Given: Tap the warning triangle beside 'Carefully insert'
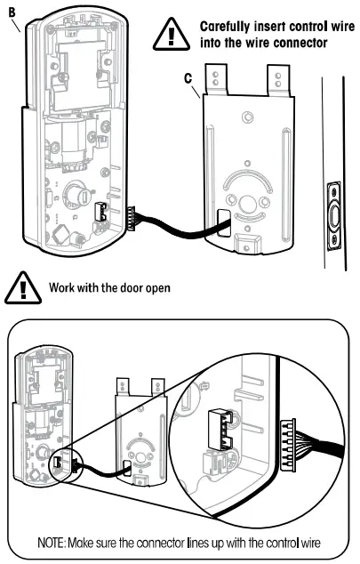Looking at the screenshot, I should click(171, 34).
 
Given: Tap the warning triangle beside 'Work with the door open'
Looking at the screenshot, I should click(19, 288).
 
